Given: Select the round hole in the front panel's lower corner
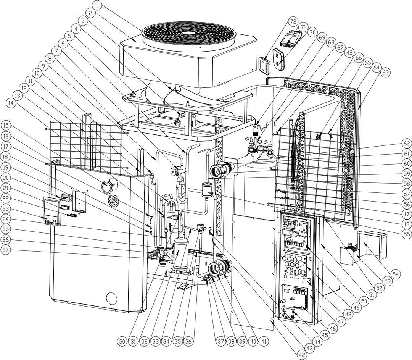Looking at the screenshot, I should point(111,297).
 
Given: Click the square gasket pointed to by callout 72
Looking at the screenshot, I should point(264,65).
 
